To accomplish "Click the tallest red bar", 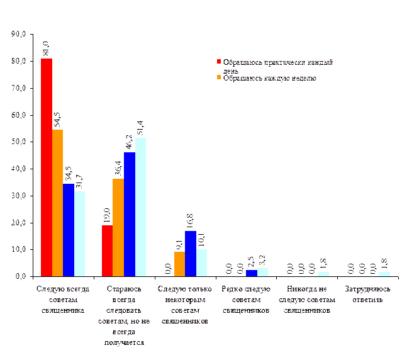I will coord(46,167).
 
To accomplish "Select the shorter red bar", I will coord(107,250).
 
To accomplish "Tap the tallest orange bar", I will coord(57,203).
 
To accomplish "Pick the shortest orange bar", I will coord(179,264).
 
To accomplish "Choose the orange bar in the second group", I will coord(118,227).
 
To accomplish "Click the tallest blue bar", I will coord(130,214).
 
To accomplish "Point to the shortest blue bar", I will coord(251,273).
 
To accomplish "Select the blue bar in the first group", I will coord(69,230).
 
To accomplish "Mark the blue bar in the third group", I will coord(190,254).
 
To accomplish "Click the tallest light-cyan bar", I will coord(141,206).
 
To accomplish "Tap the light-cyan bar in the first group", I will coord(79,233).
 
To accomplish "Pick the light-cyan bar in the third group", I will coord(201,262).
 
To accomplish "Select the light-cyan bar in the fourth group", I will coord(262,272).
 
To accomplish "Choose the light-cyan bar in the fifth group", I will coord(323,274).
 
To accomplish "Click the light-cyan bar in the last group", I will coord(384,274).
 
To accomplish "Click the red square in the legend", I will coord(220,62).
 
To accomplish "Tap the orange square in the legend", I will coord(220,77).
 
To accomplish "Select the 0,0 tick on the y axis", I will coord(19,276).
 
